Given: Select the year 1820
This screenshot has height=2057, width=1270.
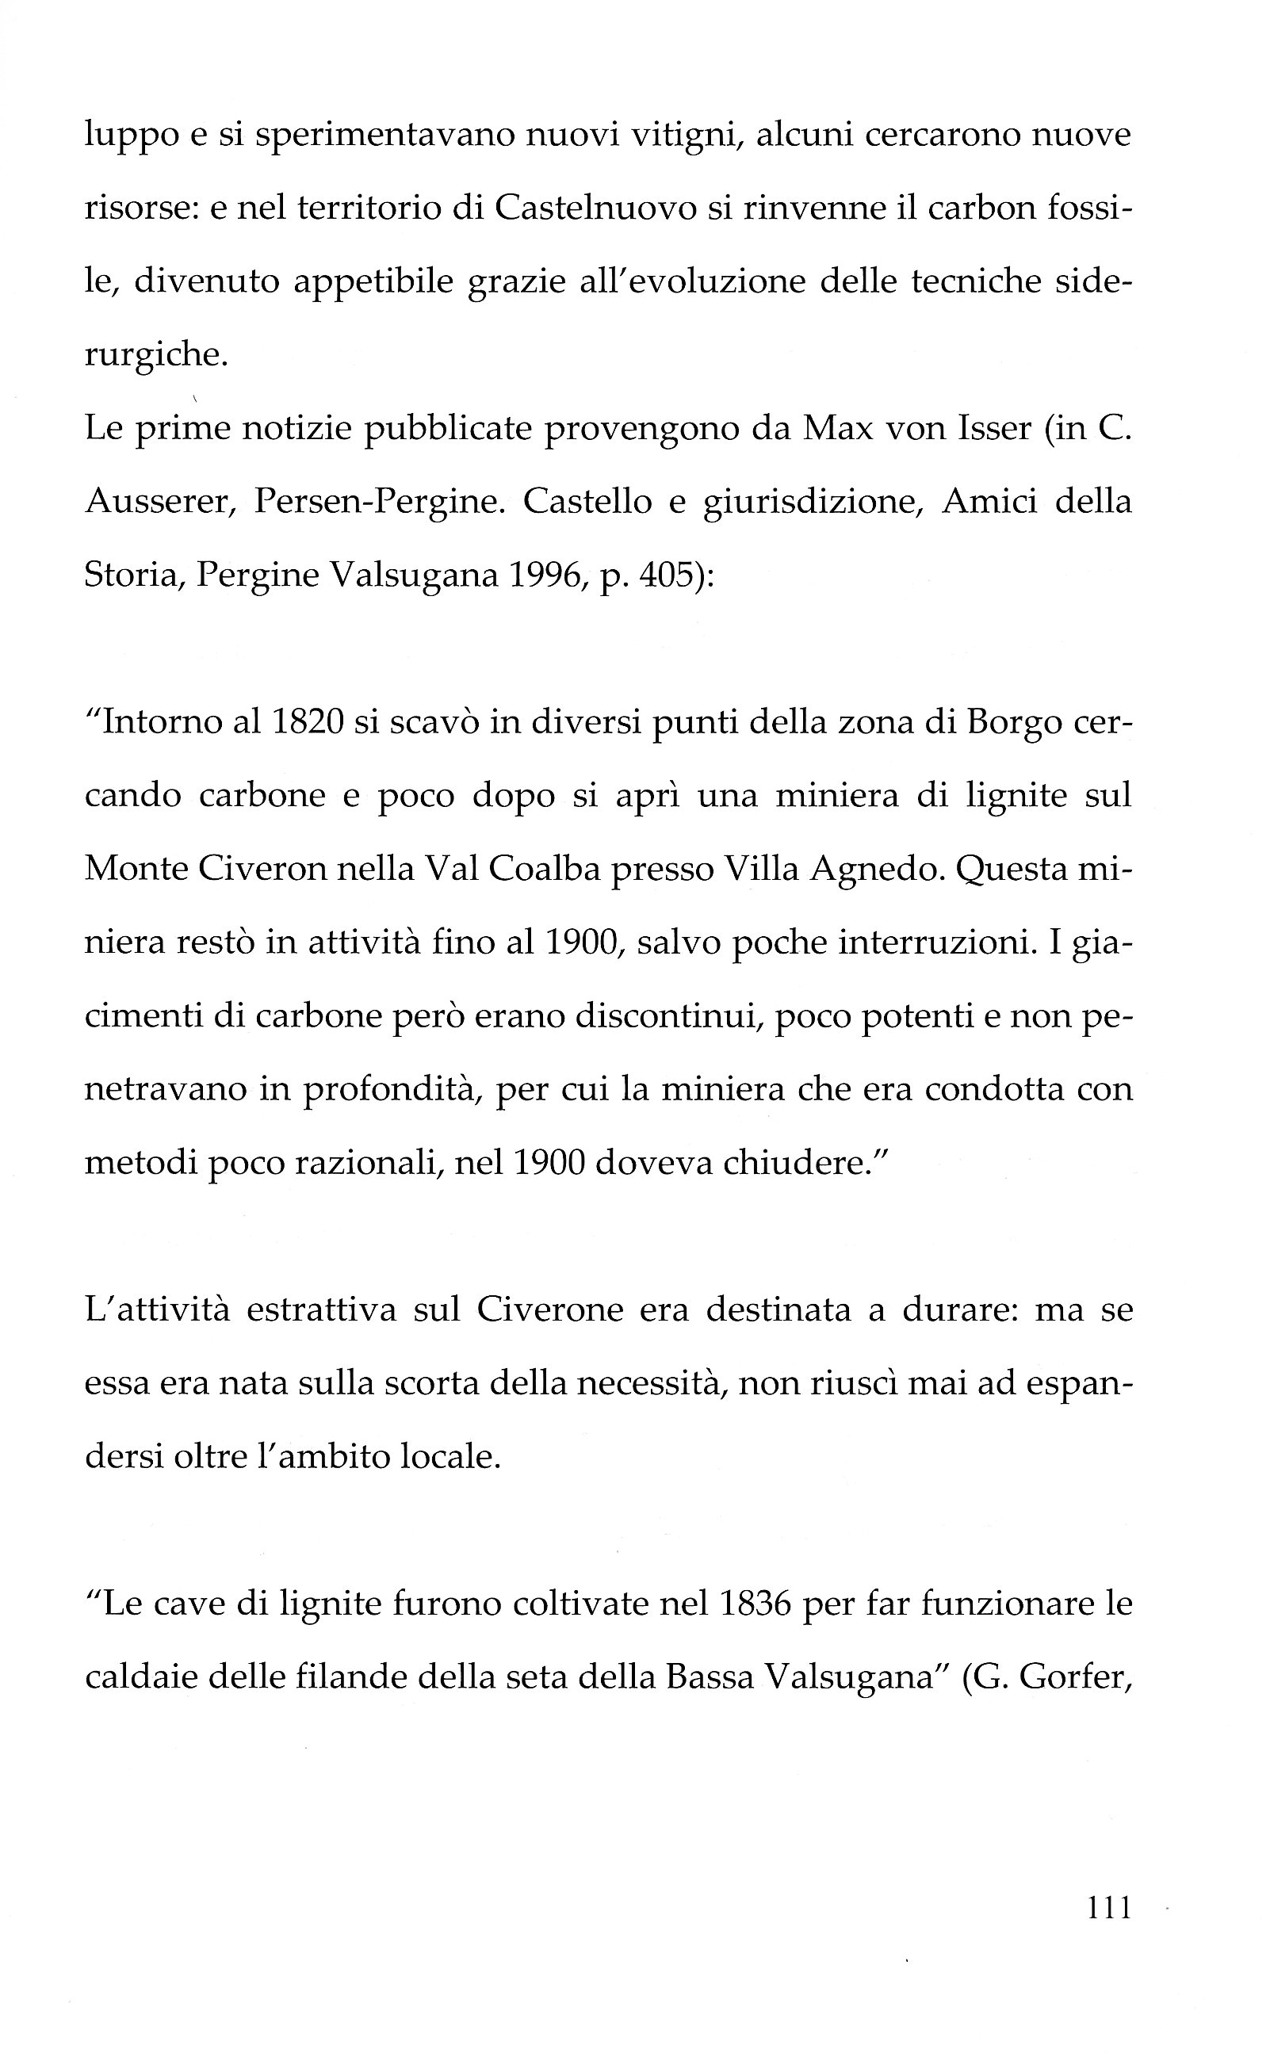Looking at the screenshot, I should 308,722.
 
